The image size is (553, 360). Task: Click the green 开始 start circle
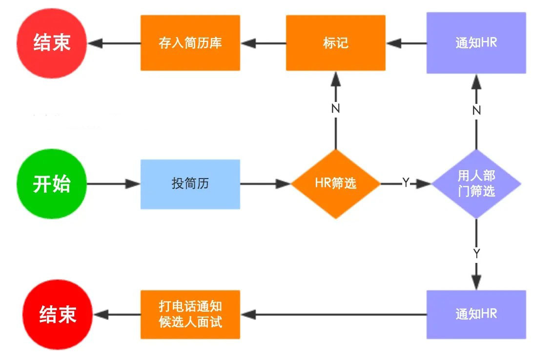coord(52,184)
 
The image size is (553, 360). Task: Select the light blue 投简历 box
coord(190,184)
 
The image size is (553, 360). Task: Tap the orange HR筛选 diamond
coord(336,184)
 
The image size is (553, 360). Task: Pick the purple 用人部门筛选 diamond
coord(476,184)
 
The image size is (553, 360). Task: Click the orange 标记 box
coord(336,42)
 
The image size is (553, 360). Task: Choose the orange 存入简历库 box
coord(190,42)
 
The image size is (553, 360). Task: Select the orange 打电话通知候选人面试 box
coord(190,315)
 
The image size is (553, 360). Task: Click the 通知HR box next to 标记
coord(476,42)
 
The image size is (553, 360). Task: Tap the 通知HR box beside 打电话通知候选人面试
coord(476,315)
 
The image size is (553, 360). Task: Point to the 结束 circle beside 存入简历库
coord(52,43)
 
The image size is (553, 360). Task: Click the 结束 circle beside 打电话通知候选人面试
coord(58,315)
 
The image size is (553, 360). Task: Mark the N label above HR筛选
coord(336,108)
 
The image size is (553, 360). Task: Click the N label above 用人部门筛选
coord(476,110)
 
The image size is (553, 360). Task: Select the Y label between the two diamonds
coord(406,182)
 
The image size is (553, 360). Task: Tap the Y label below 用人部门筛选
coord(476,253)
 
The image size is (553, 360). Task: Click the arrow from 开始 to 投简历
coord(114,184)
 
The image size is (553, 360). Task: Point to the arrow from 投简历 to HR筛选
coord(265,184)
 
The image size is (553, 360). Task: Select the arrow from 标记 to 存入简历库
coord(263,43)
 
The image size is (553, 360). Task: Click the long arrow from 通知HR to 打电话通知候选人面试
coord(334,315)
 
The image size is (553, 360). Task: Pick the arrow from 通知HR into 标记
coord(406,43)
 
